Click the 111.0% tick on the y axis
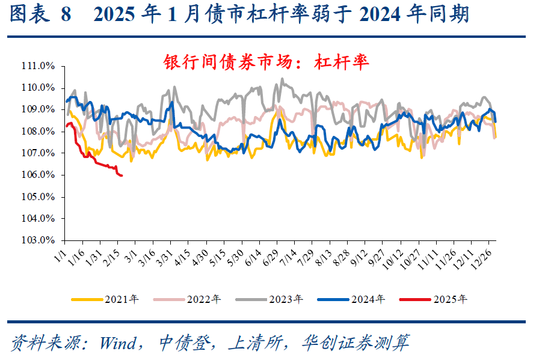39,66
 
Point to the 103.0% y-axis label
39,240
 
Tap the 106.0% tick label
39,175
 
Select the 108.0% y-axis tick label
39,131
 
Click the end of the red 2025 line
122,175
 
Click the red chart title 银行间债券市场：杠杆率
266,61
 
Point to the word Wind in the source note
120,343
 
